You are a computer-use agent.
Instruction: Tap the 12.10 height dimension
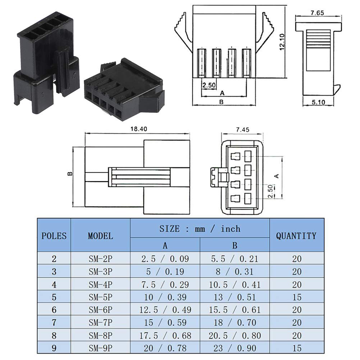[x=282, y=42]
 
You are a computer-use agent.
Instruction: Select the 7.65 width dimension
[x=317, y=13]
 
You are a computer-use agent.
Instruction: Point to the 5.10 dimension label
[x=318, y=102]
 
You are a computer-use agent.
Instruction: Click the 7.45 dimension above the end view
[x=243, y=129]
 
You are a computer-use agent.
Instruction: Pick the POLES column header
[x=54, y=236]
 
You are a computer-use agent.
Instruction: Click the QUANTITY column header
[x=296, y=236]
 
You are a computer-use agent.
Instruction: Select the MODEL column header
[x=100, y=236]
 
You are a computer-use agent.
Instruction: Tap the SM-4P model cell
[x=100, y=285]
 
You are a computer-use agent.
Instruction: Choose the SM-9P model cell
[x=100, y=348]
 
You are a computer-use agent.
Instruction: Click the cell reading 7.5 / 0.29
[x=165, y=285]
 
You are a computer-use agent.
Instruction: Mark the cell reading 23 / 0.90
[x=234, y=348]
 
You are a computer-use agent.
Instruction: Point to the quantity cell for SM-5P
[x=296, y=297]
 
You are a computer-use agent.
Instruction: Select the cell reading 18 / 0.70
[x=234, y=323]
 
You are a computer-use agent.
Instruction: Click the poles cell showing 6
[x=54, y=310]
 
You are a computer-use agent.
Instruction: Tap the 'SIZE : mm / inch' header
[x=200, y=229]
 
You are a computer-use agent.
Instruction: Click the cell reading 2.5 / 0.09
[x=165, y=258]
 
